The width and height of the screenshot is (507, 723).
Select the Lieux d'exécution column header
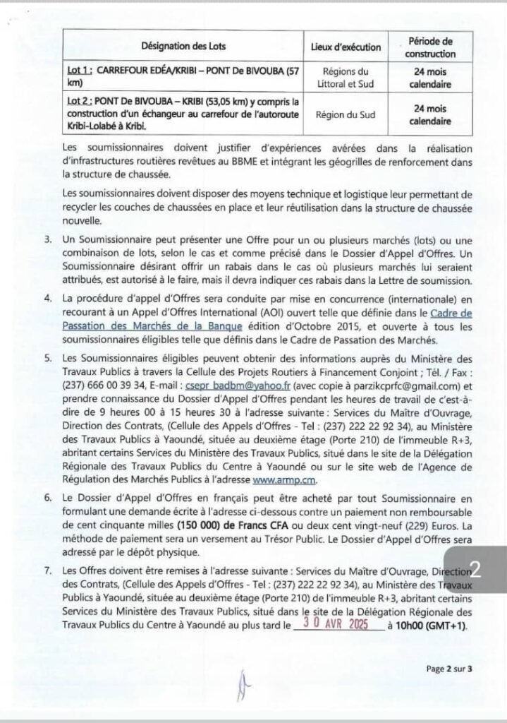(x=346, y=47)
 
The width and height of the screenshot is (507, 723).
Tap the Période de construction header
(x=430, y=47)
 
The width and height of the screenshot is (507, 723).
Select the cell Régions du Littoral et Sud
(x=346, y=78)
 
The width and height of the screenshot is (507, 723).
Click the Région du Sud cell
(x=346, y=113)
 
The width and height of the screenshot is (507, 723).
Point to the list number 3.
(x=47, y=240)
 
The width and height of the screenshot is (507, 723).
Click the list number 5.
(x=47, y=359)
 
